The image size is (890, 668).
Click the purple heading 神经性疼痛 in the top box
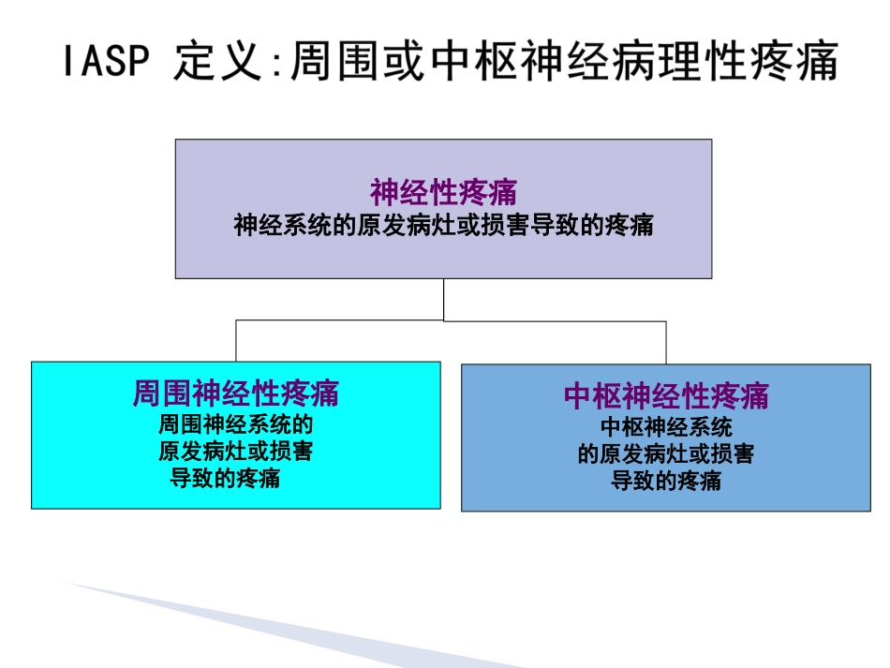[x=443, y=193]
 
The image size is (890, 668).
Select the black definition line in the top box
[x=443, y=226]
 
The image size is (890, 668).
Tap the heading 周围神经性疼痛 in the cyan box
[x=235, y=393]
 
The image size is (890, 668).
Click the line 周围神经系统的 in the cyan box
[x=235, y=423]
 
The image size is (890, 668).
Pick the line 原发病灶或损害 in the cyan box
[x=235, y=452]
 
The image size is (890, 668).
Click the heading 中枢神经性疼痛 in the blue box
[x=666, y=396]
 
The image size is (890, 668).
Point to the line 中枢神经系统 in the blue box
[x=666, y=427]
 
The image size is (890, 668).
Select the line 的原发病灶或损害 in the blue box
[x=666, y=454]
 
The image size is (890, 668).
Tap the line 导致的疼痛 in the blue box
[x=666, y=482]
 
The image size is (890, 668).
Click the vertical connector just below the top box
[x=443, y=299]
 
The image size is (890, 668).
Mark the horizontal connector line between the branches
[x=450, y=321]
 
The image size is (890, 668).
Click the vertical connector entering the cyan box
[x=236, y=342]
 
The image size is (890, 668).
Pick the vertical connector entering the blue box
[x=666, y=343]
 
